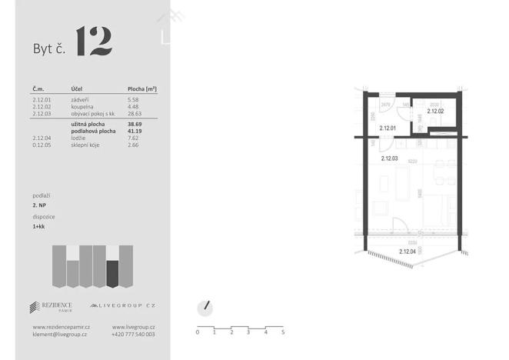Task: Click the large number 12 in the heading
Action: tap(95, 42)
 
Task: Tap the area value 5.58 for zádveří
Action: tap(134, 100)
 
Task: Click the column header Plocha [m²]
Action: tap(142, 89)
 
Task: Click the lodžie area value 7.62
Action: tap(133, 138)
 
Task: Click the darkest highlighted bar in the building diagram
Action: tap(112, 273)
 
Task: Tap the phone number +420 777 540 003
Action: tap(133, 335)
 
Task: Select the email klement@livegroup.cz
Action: tap(60, 335)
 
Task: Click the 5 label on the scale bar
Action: tap(283, 332)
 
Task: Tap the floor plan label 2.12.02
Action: tap(435, 112)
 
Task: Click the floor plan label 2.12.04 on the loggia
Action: tap(408, 252)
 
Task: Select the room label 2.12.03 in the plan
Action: tap(390, 158)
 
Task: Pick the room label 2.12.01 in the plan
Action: tap(387, 128)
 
